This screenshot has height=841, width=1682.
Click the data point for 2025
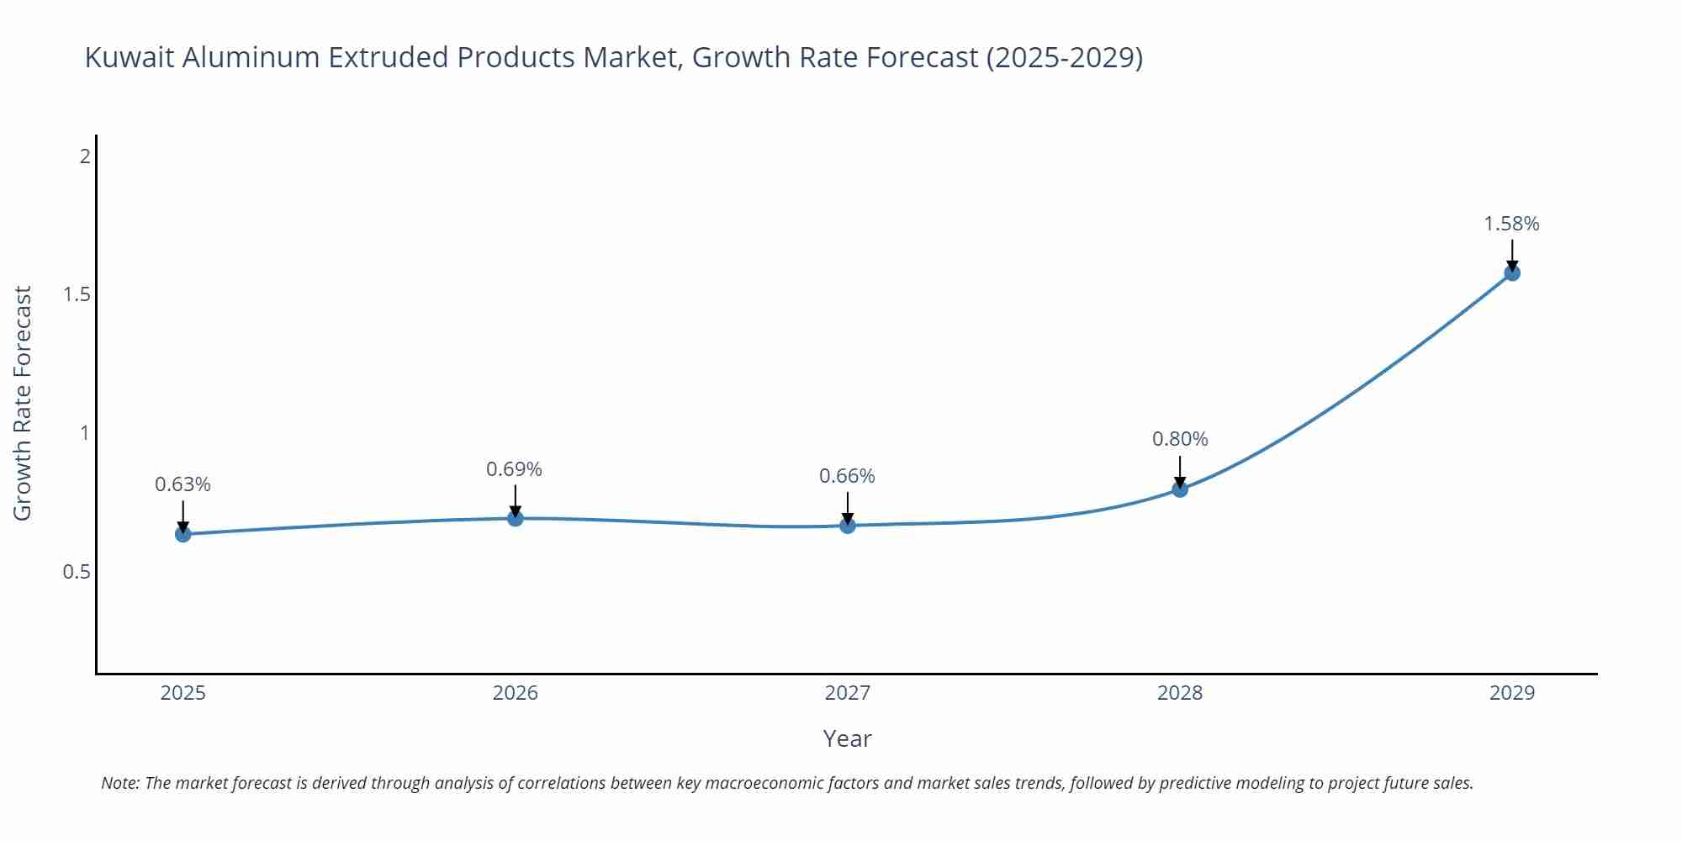click(x=183, y=534)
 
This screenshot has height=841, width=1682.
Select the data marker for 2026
click(x=516, y=518)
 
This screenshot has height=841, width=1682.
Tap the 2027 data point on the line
click(x=848, y=526)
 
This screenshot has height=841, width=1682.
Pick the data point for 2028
click(x=1180, y=489)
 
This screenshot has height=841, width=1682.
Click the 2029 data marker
click(x=1512, y=272)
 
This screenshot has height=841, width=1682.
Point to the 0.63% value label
click(x=182, y=484)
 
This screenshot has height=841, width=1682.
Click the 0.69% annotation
click(x=514, y=469)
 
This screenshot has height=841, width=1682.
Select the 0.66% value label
click(x=847, y=476)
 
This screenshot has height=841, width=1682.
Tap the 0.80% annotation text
click(x=1180, y=439)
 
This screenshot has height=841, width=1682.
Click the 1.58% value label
click(x=1511, y=224)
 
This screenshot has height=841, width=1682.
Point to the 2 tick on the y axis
click(x=84, y=156)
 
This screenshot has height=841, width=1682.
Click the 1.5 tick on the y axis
click(x=77, y=294)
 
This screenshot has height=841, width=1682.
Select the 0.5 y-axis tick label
click(x=77, y=572)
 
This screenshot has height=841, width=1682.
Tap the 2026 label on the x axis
click(x=515, y=693)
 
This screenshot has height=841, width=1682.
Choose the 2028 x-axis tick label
click(x=1180, y=693)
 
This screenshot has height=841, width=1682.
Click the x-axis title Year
click(x=847, y=738)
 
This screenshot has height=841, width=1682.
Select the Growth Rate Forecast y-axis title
click(x=23, y=403)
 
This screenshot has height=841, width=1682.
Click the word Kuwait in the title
click(x=130, y=57)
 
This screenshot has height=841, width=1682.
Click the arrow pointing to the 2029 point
click(x=1512, y=255)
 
